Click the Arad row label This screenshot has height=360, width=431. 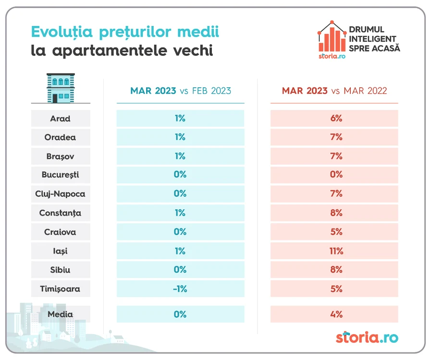60,119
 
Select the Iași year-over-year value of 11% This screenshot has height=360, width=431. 336,251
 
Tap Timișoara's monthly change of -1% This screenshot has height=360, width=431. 180,289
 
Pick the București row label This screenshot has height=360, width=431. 60,175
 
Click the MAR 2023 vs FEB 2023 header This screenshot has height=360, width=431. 181,91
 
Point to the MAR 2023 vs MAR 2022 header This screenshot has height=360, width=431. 334,91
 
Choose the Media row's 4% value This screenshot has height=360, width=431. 336,314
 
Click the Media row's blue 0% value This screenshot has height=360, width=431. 180,314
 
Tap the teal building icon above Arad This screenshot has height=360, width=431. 61,88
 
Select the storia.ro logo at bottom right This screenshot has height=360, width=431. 367,337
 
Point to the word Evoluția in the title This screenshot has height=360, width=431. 62,32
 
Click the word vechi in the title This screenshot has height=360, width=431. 193,50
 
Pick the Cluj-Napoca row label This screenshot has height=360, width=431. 60,194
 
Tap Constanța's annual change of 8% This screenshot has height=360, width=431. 336,213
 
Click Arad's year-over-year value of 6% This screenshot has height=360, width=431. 336,119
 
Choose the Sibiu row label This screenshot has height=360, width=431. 60,270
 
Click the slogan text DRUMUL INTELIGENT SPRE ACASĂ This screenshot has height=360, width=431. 374,39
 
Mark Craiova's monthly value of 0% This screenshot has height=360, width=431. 180,232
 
